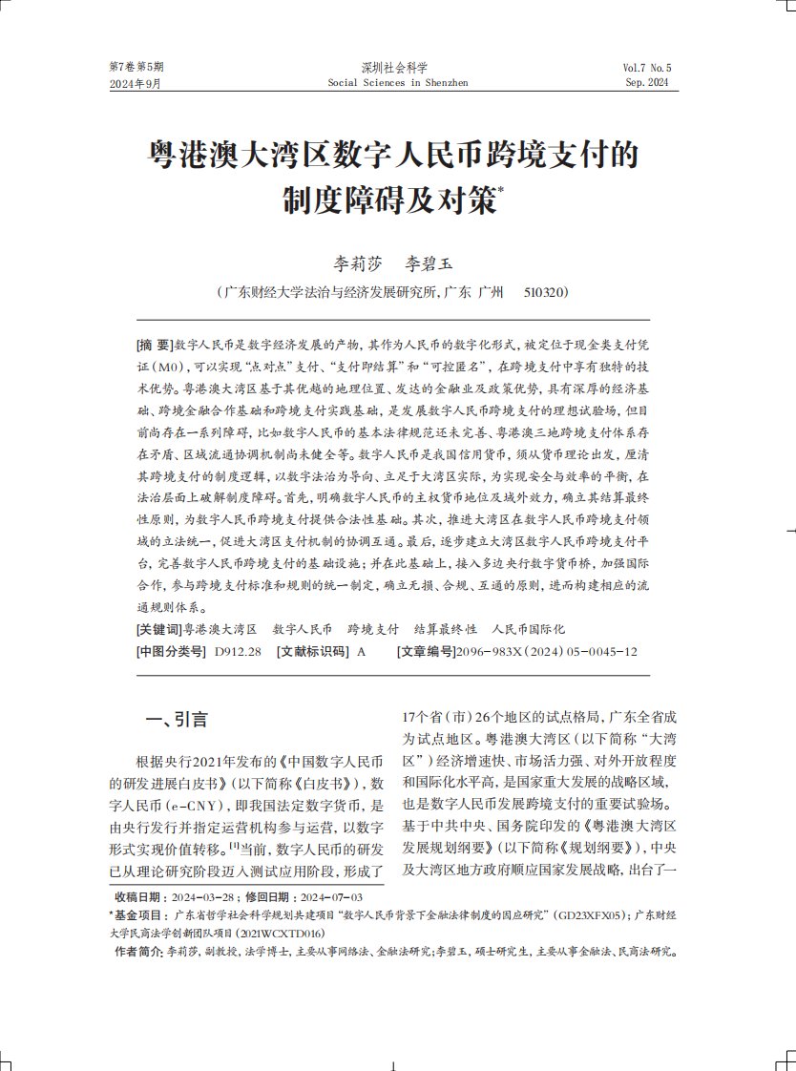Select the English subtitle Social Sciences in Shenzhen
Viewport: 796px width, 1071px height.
click(398, 83)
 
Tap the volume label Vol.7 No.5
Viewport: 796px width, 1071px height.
click(647, 69)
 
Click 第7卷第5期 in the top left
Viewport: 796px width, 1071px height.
click(136, 68)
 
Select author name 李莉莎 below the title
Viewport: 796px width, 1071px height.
click(354, 261)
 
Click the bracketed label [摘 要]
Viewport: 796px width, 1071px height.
click(155, 344)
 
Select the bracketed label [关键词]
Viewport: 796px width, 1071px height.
click(158, 630)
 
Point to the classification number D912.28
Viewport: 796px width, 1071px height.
click(238, 651)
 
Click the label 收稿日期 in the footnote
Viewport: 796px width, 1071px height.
click(138, 897)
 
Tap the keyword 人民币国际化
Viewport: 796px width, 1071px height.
click(528, 630)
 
